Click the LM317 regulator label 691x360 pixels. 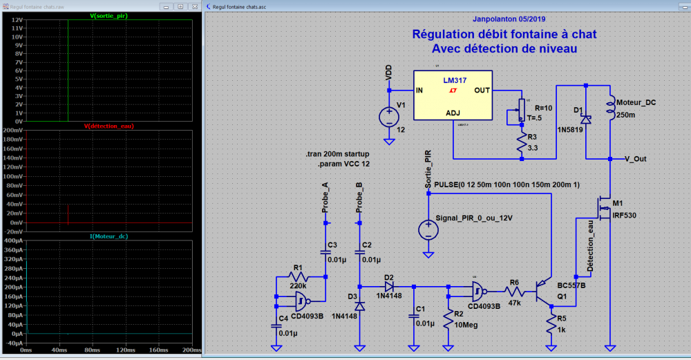454,79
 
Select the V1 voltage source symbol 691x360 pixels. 389,115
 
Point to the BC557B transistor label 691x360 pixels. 571,285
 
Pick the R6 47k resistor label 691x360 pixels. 514,282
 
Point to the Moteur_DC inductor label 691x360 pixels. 636,101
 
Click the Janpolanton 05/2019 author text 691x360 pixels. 504,19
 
